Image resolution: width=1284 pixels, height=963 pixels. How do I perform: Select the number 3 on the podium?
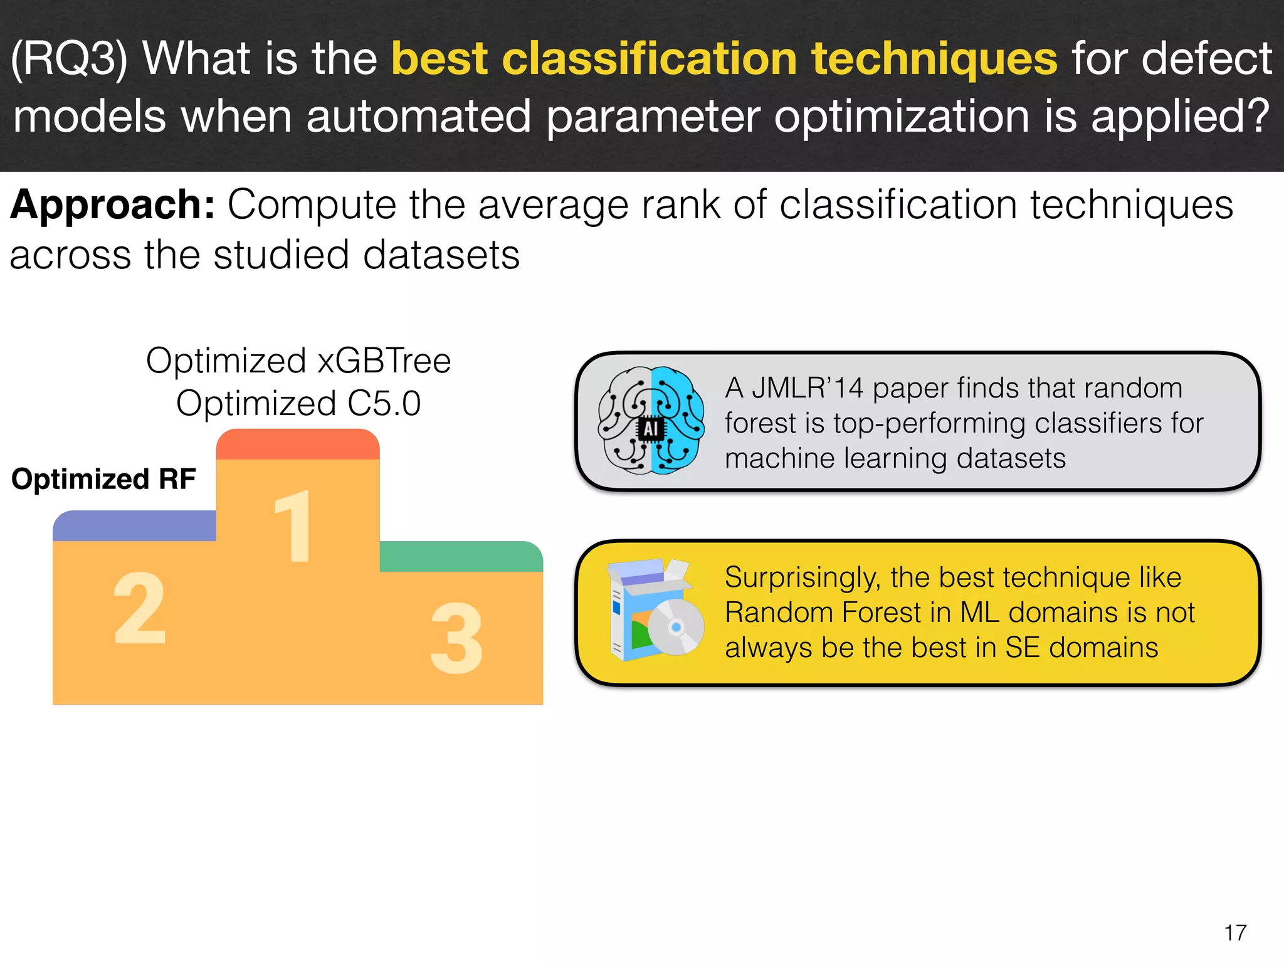tap(456, 638)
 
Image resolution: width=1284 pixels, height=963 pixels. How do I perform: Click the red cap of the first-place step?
tap(298, 444)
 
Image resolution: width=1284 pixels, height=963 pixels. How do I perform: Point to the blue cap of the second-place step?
tap(134, 526)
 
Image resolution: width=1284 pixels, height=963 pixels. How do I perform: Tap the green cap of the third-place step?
tap(461, 556)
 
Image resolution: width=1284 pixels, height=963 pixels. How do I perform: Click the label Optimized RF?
tap(103, 479)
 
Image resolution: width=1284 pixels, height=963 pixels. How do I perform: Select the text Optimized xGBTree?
tap(298, 361)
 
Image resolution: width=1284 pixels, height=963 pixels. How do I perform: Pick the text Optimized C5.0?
tap(298, 403)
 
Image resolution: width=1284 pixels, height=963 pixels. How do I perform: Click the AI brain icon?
tap(651, 421)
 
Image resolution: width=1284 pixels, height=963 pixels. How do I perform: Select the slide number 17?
tap(1235, 932)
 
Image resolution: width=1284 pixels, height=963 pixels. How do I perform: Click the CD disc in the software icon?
tap(676, 627)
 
